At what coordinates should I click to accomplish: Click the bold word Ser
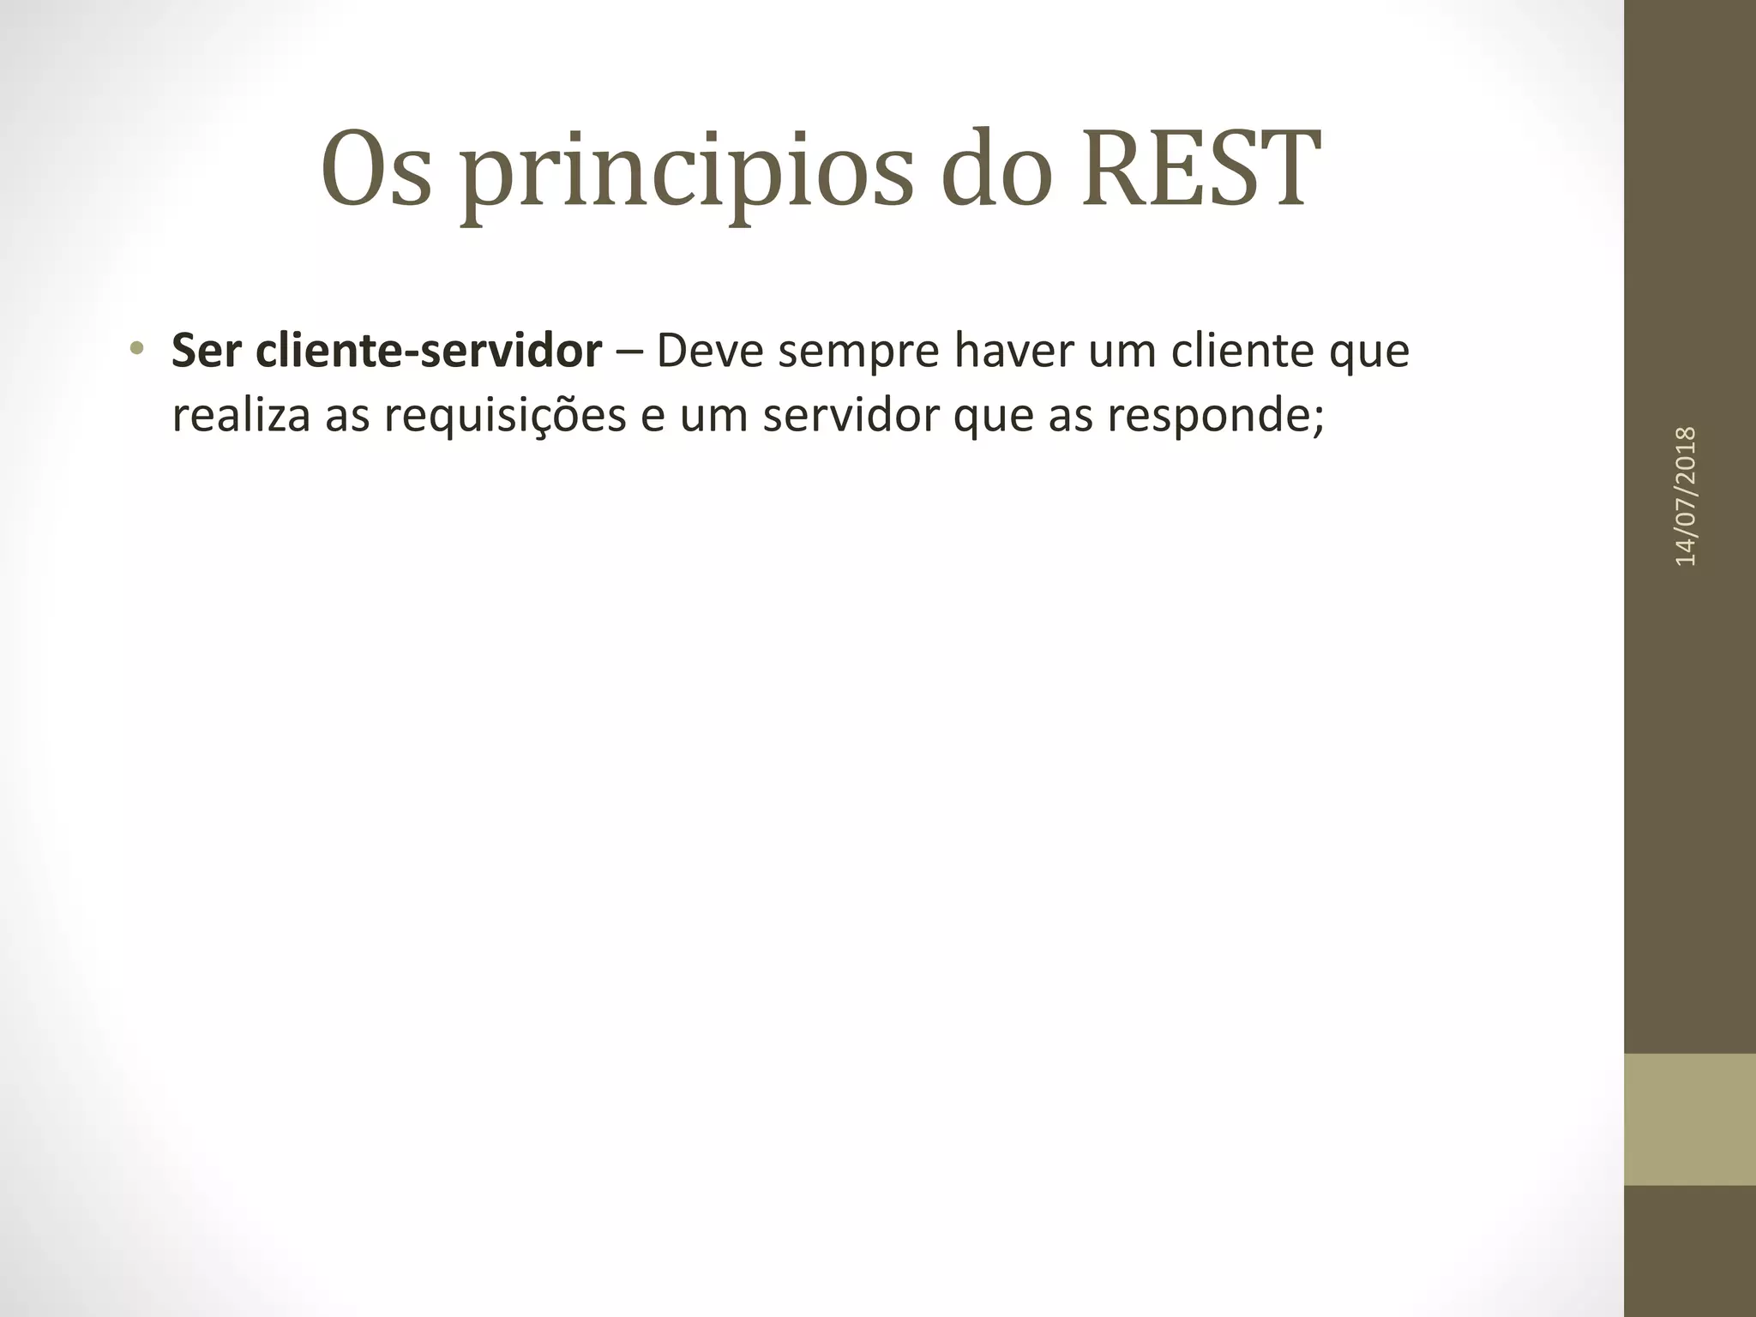206,351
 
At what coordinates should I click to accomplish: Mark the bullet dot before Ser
136,348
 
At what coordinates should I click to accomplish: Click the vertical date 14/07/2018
1686,496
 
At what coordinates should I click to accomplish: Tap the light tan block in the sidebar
1689,1119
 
